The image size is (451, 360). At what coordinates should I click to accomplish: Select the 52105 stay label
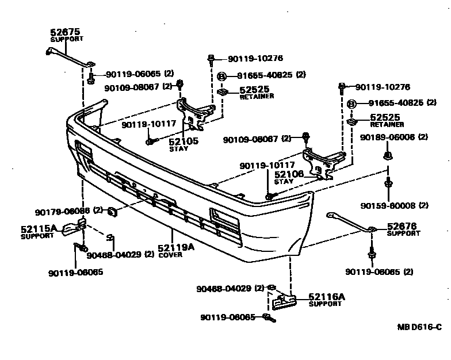tap(183, 141)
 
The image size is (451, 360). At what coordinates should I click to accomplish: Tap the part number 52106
tap(288, 174)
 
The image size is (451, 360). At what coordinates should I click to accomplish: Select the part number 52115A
tap(39, 228)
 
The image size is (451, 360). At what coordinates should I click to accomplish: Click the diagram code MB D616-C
tap(419, 327)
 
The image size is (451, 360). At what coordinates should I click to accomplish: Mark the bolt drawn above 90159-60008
tap(388, 184)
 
